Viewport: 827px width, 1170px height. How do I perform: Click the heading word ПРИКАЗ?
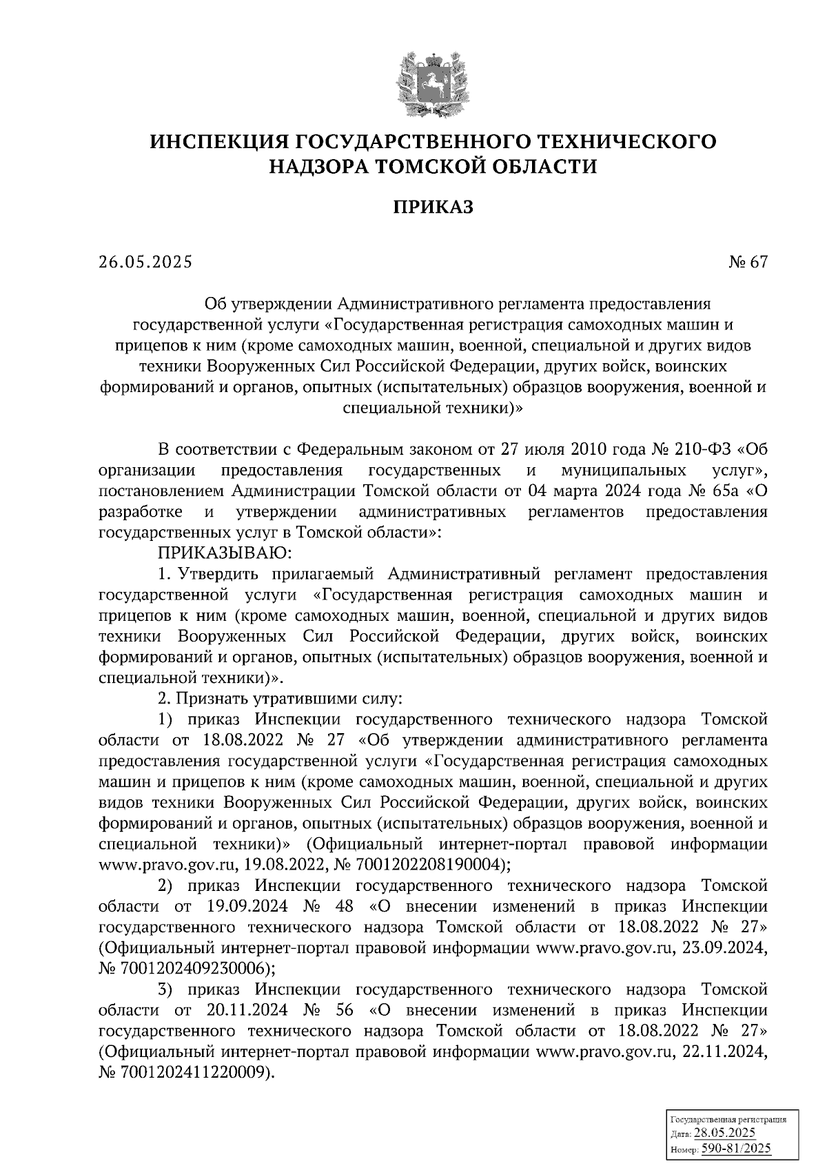pos(433,207)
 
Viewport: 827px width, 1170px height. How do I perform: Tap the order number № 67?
pos(747,262)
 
